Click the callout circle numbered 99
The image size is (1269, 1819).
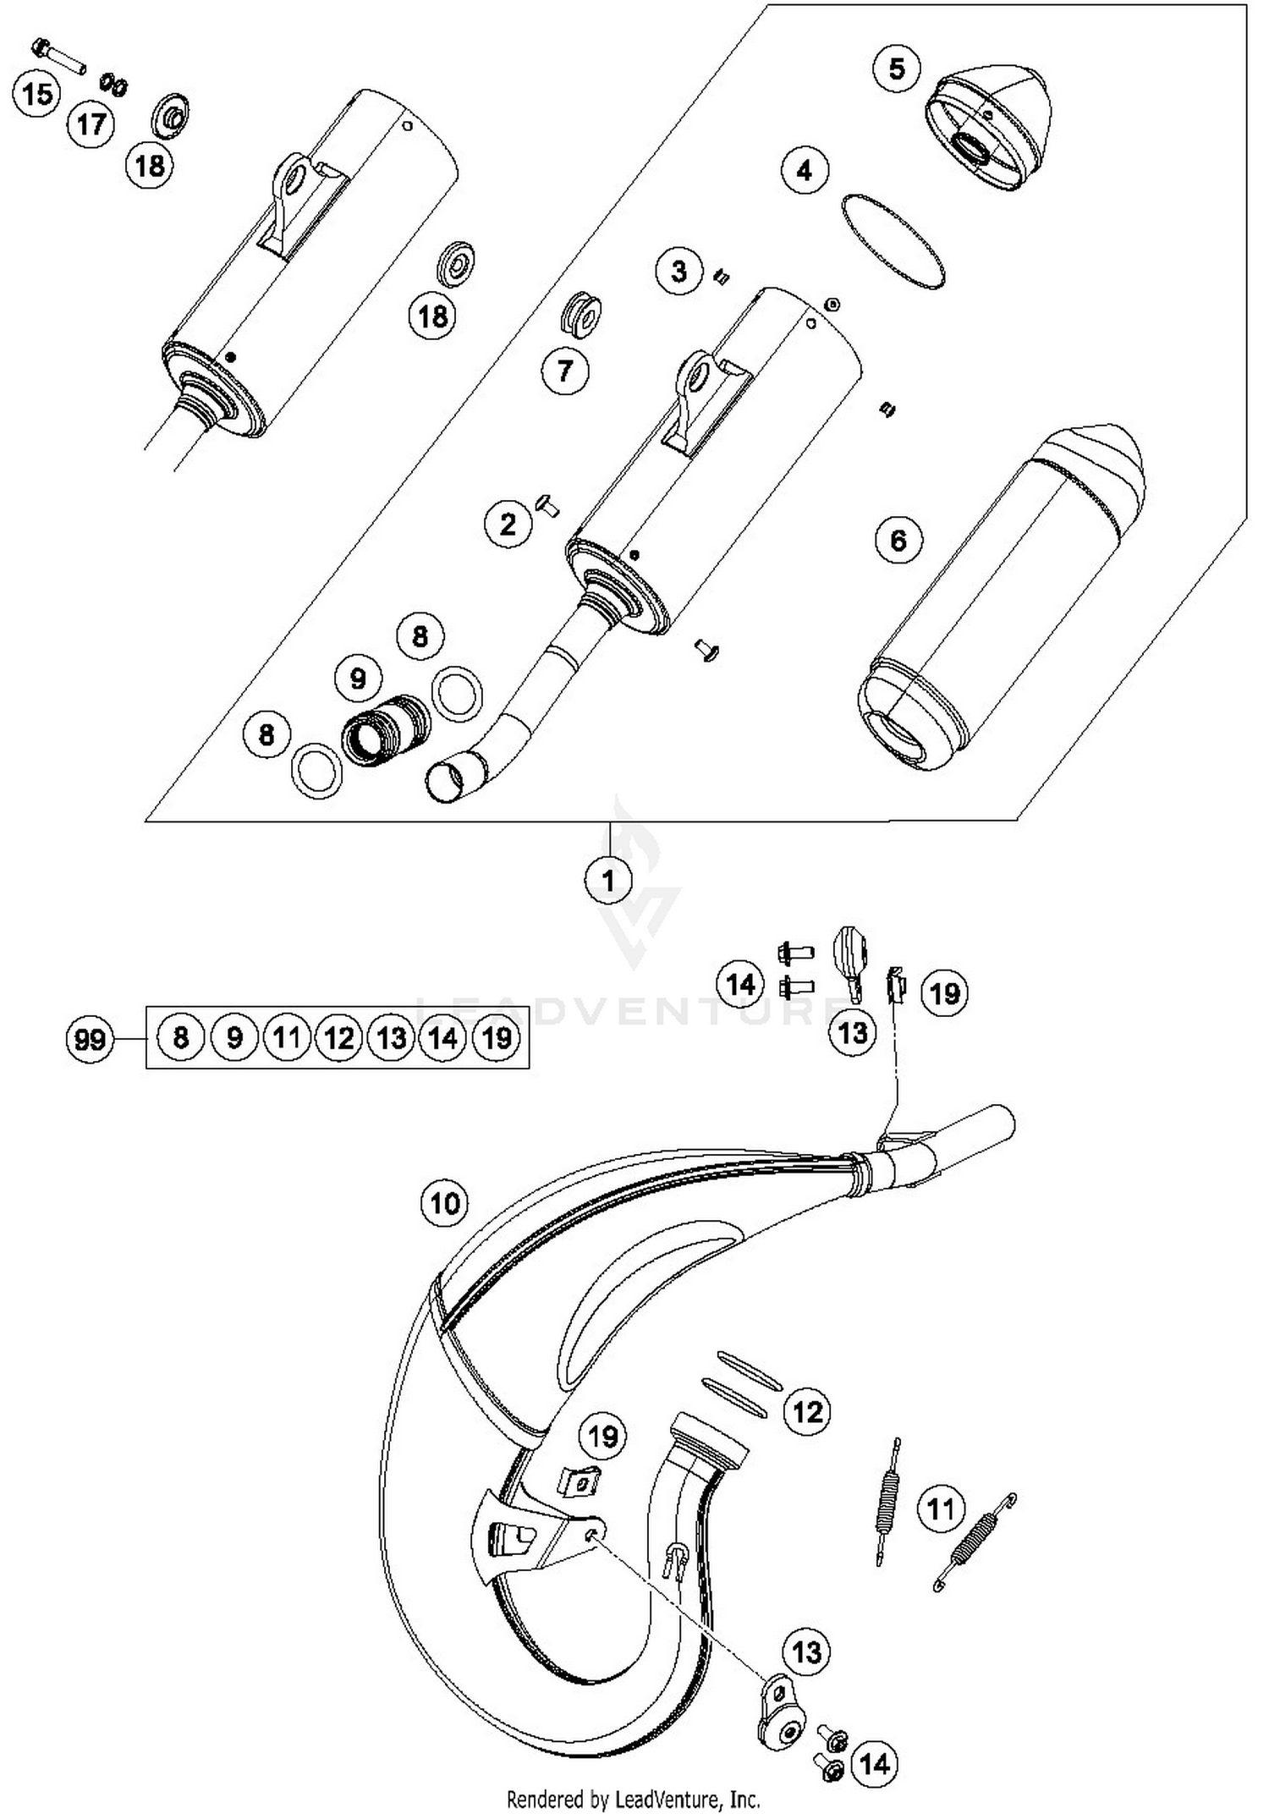point(90,1038)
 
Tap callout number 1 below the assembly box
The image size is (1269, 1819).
point(608,880)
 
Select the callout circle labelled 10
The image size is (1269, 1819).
point(445,1202)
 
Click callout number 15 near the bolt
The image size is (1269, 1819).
point(38,93)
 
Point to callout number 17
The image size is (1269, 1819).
point(91,124)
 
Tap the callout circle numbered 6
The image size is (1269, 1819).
point(898,539)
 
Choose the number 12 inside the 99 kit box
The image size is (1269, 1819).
point(338,1038)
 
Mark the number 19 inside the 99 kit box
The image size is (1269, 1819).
point(497,1038)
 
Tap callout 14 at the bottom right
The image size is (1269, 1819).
point(875,1764)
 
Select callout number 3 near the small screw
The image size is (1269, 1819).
point(680,272)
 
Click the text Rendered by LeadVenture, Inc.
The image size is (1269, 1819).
point(633,1799)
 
